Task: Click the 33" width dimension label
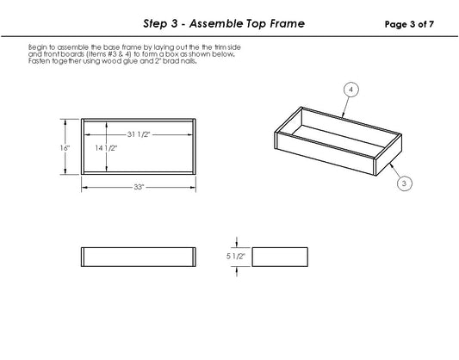[x=138, y=187]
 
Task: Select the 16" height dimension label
[x=65, y=148]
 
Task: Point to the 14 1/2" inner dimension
[x=107, y=148]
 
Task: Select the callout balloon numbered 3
[x=404, y=183]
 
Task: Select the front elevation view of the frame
[x=138, y=257]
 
